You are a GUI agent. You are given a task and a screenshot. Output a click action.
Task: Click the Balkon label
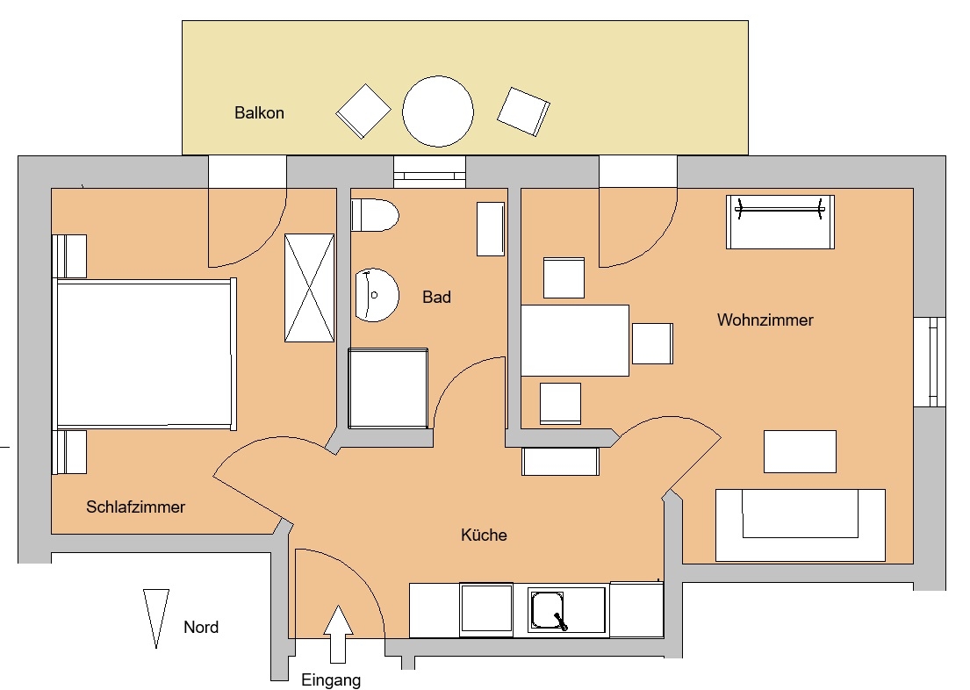point(259,112)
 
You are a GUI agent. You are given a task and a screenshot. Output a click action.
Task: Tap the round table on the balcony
point(438,111)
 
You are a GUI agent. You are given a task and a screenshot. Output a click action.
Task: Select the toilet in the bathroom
point(374,215)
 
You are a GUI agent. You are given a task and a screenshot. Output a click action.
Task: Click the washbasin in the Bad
point(377,295)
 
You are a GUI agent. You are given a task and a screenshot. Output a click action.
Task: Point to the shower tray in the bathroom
point(388,388)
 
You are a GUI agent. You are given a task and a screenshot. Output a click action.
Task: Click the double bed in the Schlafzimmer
point(146,354)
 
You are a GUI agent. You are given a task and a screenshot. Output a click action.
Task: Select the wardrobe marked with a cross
point(309,288)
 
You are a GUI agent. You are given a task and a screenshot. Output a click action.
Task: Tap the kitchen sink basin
point(548,610)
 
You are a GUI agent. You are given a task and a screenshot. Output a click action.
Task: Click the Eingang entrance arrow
point(338,634)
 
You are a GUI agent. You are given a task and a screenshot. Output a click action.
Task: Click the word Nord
point(201,627)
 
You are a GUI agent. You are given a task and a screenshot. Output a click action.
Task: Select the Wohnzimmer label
point(765,320)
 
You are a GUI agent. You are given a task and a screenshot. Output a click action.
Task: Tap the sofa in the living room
point(801,525)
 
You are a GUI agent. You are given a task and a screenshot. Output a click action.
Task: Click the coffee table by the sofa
point(800,452)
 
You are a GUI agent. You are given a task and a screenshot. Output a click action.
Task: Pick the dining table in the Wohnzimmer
point(575,341)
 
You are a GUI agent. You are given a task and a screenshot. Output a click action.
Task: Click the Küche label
point(484,535)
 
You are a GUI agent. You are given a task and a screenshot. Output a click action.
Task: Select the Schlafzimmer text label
point(135,507)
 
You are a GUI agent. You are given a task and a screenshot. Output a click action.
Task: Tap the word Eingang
point(331,680)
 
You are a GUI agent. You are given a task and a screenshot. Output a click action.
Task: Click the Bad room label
point(436,297)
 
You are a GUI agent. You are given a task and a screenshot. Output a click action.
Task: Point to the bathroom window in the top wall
point(429,171)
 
